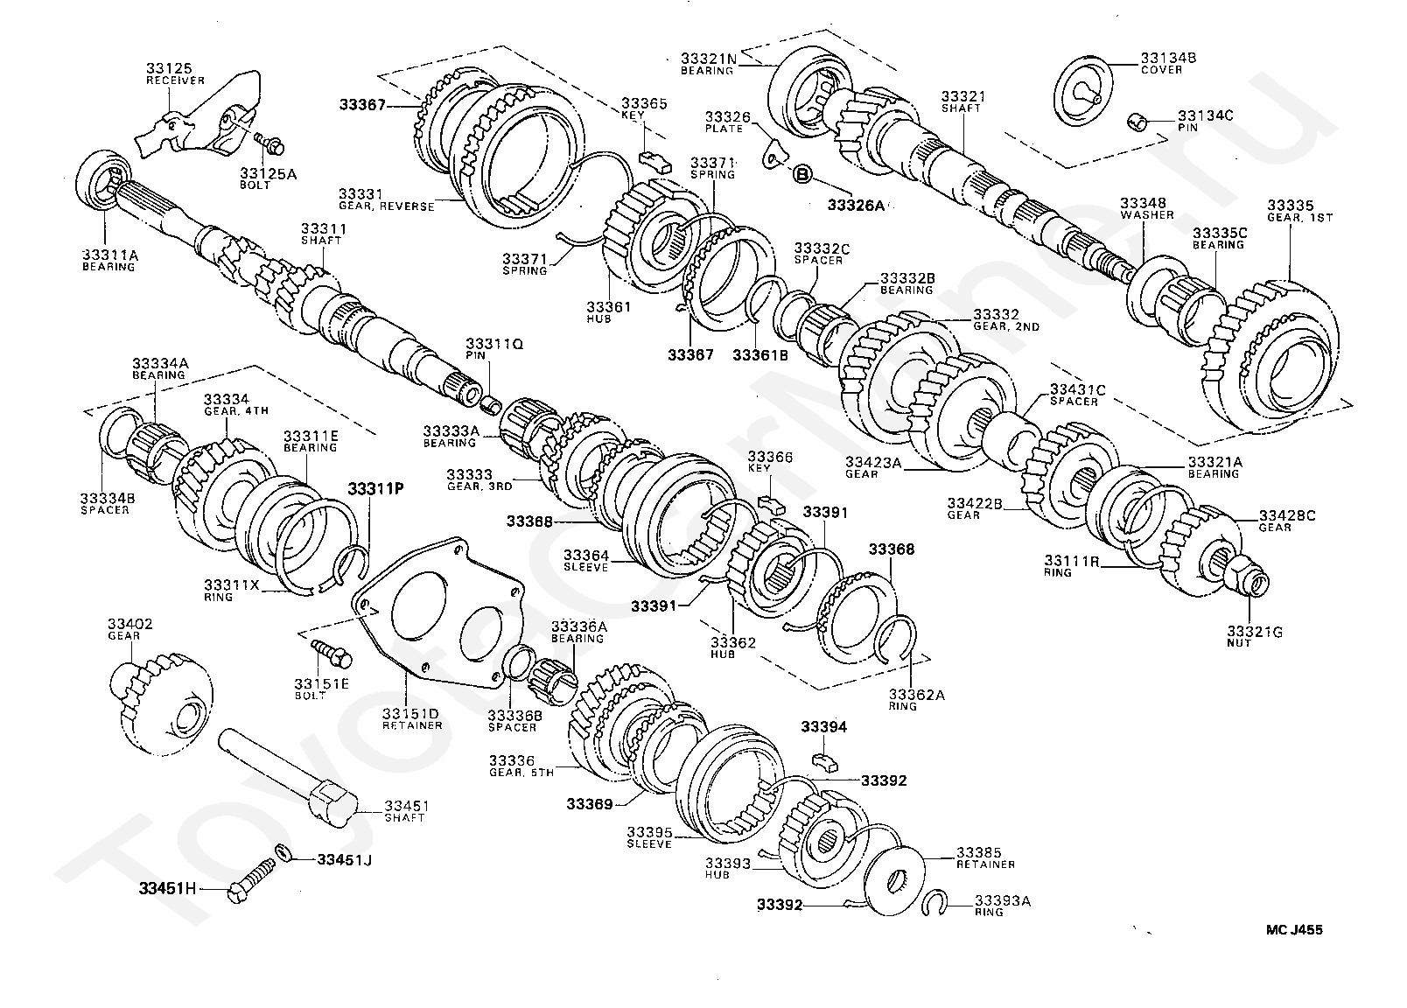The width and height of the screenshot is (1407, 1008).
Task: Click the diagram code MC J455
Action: (1292, 930)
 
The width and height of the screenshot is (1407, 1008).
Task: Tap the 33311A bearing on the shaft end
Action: (105, 180)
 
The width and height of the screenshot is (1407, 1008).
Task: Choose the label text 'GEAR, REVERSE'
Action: (386, 206)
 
